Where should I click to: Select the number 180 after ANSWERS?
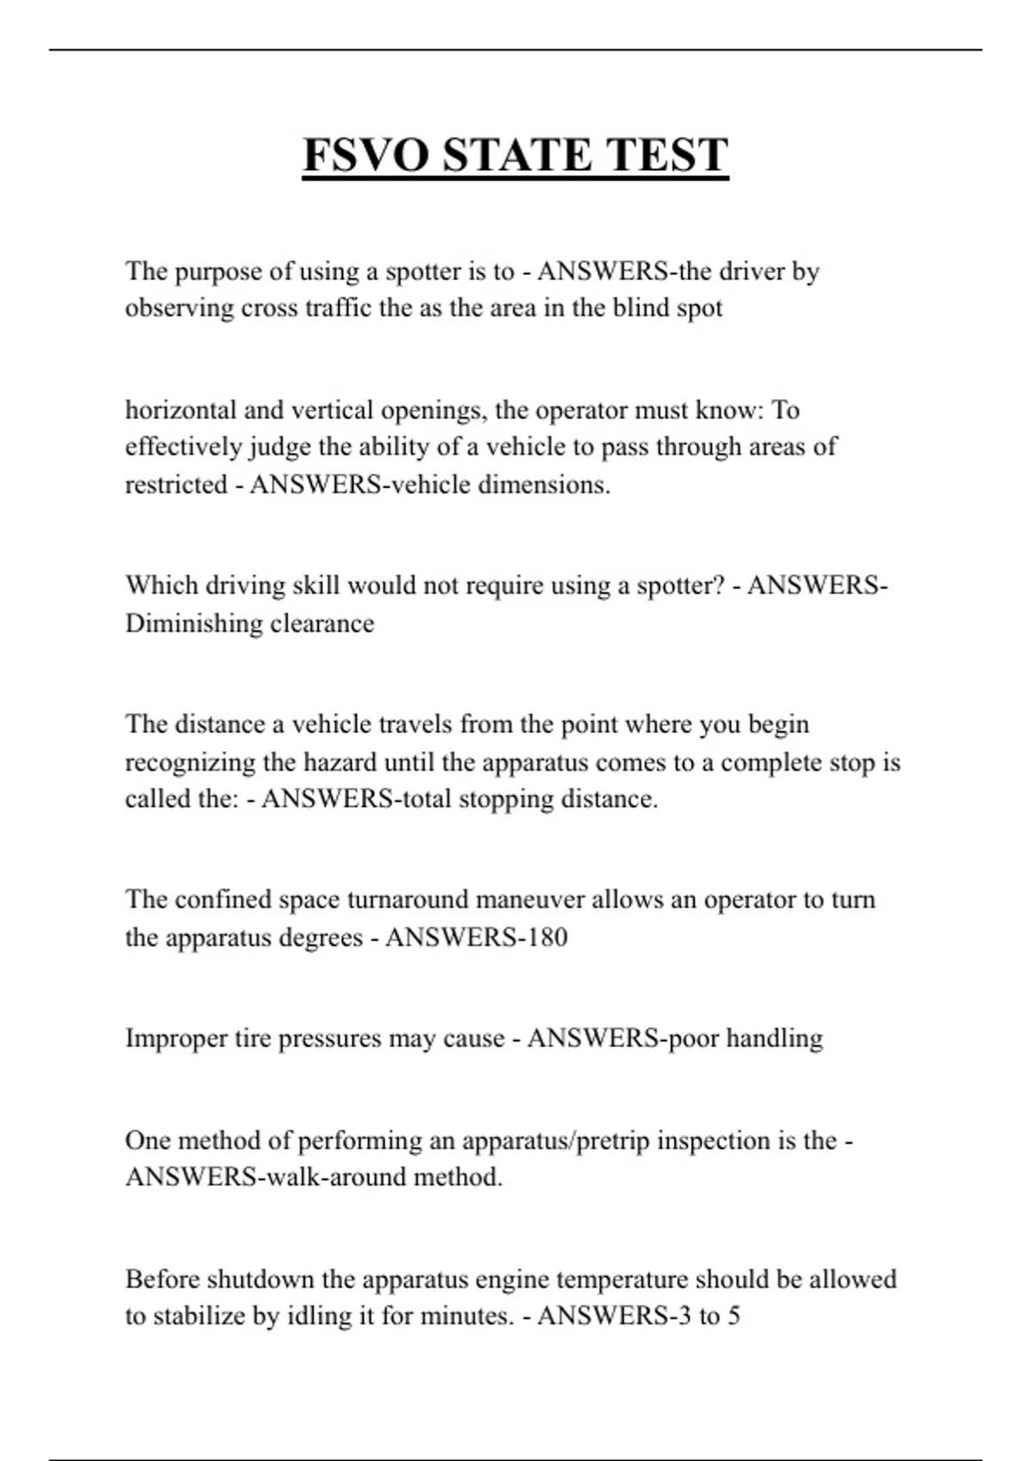(x=546, y=937)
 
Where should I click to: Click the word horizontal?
(x=181, y=410)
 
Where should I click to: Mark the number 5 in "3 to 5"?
(x=734, y=1317)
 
